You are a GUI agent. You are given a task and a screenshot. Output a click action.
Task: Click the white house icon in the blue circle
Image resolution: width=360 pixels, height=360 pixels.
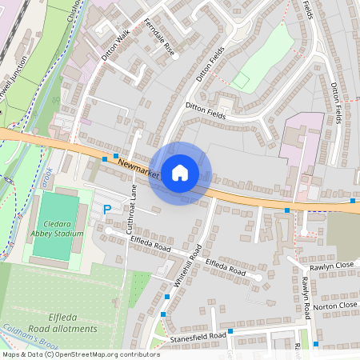(179, 173)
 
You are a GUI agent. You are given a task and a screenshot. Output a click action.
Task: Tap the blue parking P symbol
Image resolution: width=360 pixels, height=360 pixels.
(107, 210)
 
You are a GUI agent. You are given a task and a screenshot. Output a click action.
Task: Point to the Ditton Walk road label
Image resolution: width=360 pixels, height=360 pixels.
(115, 46)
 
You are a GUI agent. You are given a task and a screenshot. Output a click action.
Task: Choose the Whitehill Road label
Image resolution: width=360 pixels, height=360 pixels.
(187, 266)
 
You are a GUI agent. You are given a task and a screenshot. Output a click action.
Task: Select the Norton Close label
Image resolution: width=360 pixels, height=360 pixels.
(335, 306)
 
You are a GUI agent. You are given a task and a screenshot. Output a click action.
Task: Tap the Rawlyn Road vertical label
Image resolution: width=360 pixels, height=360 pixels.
(306, 298)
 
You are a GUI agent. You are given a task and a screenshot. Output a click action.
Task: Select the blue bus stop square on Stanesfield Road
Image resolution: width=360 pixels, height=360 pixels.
(230, 331)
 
